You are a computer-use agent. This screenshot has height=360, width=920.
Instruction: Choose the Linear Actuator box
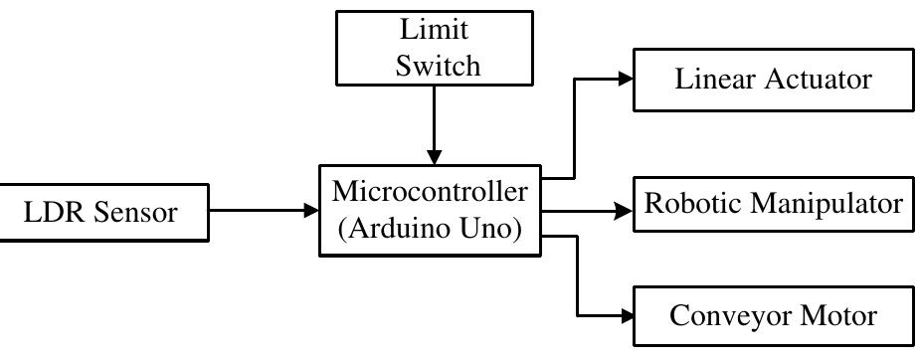(773, 79)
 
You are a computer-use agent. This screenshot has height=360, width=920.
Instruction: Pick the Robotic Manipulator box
(772, 204)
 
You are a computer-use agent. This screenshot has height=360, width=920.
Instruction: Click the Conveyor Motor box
(773, 316)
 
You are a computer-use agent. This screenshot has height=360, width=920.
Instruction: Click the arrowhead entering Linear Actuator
(626, 79)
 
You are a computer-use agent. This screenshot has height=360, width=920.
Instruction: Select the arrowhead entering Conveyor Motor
(626, 314)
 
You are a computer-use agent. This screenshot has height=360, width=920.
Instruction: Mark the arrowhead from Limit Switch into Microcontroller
(433, 157)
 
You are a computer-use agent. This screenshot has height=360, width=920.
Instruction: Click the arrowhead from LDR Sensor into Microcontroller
(308, 210)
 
